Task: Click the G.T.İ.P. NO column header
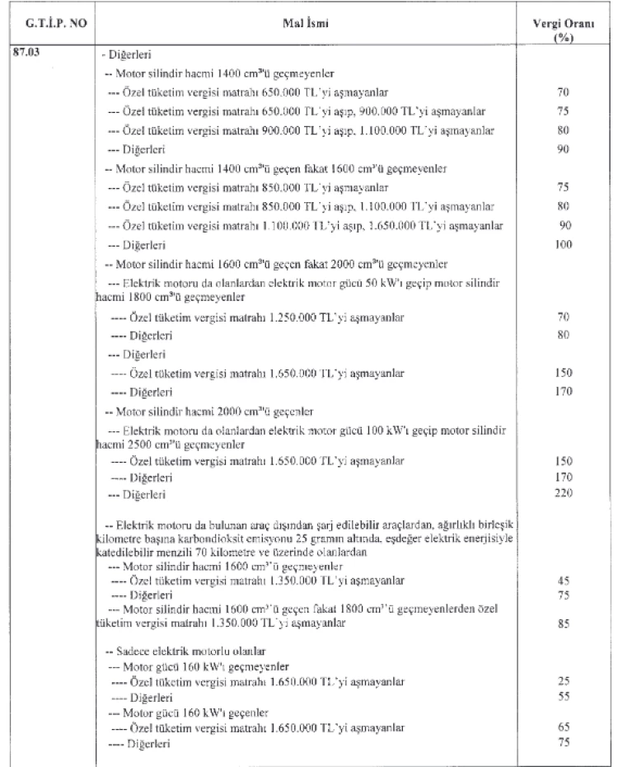pos(50,25)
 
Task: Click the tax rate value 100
pos(564,244)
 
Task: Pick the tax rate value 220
pos(564,494)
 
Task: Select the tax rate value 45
pos(564,580)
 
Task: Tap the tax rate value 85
pos(564,623)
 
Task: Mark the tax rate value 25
pos(564,681)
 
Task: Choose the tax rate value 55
pos(564,697)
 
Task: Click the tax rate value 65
pos(564,727)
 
